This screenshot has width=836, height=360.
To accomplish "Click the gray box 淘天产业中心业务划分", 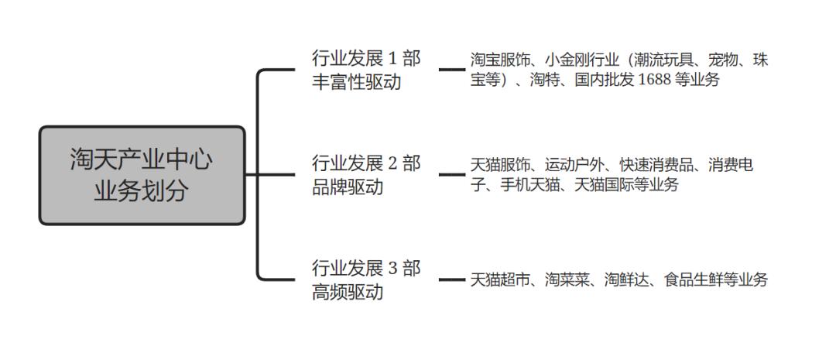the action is click(142, 176).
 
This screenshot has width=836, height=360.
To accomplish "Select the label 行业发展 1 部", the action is click(366, 58).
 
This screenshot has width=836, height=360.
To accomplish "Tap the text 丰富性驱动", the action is click(356, 83).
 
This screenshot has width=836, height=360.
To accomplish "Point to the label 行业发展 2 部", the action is click(366, 163).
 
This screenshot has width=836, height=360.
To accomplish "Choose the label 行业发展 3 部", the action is click(366, 268).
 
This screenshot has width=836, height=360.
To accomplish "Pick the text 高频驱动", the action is click(348, 292).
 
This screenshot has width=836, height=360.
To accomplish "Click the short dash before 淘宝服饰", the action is click(452, 70).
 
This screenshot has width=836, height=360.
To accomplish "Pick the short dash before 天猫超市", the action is click(452, 279).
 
